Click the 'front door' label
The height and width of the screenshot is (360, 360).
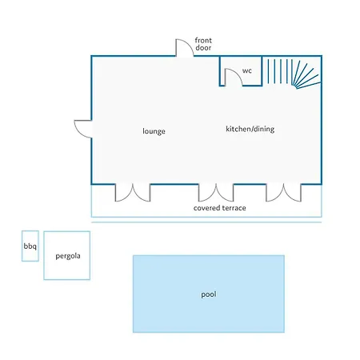203,44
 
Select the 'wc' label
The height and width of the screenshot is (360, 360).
247,70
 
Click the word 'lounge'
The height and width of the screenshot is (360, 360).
154,131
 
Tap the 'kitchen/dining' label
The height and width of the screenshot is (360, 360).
250,129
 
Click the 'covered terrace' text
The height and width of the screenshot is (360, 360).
220,208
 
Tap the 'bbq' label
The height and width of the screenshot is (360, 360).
30,246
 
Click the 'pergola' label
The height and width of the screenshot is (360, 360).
68,256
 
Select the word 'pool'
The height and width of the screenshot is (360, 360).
209,294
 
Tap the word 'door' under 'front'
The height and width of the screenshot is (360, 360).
203,48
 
